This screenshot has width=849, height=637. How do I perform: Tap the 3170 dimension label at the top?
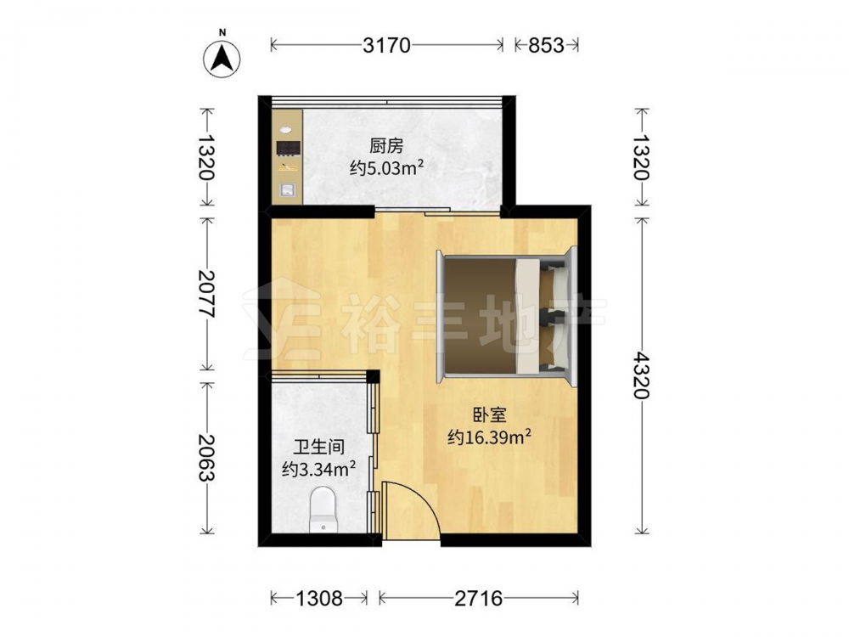point(386,46)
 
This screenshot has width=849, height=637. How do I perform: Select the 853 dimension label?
point(546,46)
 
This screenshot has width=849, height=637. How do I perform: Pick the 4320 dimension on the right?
point(642,375)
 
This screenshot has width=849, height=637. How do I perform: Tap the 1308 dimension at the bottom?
point(319,598)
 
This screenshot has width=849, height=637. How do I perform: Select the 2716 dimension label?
point(479,598)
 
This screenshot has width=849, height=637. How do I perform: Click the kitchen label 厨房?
point(386,146)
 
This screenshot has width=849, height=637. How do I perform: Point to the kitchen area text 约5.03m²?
point(386,169)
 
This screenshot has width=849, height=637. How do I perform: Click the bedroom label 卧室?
point(490,415)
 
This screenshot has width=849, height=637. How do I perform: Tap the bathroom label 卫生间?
point(319,447)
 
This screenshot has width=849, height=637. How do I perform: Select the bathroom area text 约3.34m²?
point(319,469)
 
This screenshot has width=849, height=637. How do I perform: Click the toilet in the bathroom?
point(323,509)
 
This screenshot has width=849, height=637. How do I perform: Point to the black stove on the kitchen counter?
point(288,149)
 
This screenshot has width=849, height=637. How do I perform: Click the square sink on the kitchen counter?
point(287,190)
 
